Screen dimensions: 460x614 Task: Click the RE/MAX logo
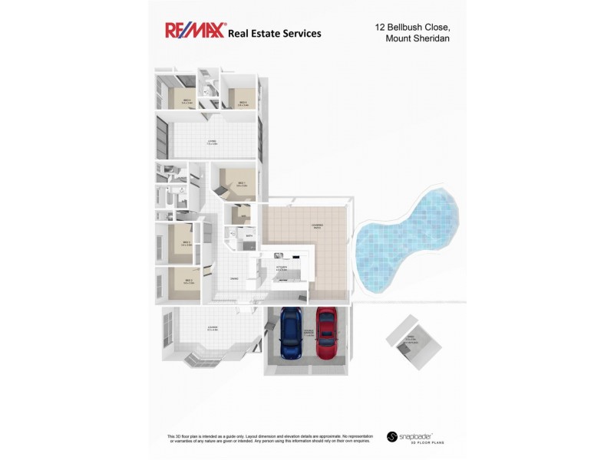click(x=195, y=30)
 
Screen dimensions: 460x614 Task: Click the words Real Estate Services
click(x=274, y=34)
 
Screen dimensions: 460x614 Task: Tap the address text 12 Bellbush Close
click(x=411, y=27)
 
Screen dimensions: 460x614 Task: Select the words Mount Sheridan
click(x=418, y=39)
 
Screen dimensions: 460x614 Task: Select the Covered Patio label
click(x=316, y=226)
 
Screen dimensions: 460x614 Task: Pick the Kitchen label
click(x=282, y=268)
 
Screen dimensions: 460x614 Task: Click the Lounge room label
click(x=212, y=328)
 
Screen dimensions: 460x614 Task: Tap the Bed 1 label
click(x=241, y=184)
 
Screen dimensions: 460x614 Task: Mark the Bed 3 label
click(x=187, y=244)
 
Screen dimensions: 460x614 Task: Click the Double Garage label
click(x=309, y=333)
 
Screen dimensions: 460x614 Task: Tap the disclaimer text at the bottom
click(x=269, y=438)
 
